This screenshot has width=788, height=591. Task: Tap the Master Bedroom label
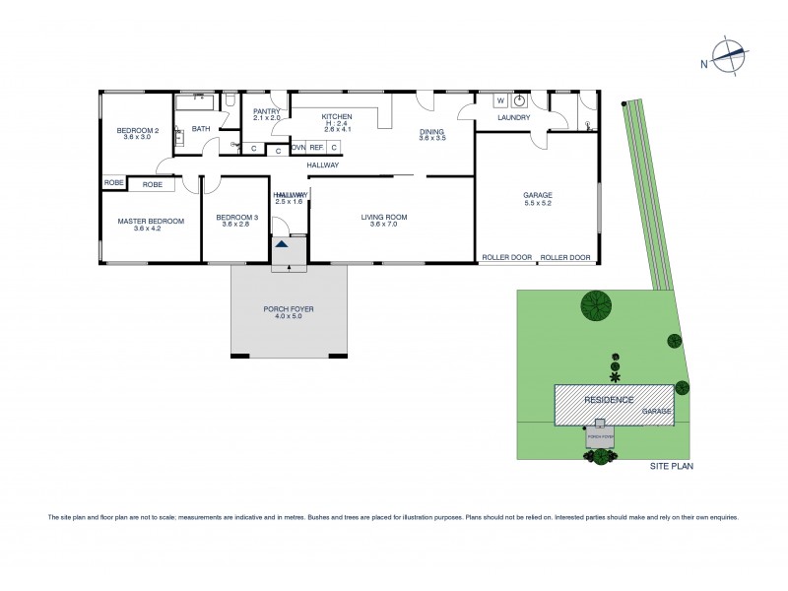point(151,222)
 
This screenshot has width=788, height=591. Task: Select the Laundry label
point(513,118)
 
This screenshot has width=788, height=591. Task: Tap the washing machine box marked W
point(499,100)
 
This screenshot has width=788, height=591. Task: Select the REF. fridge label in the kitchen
point(316,148)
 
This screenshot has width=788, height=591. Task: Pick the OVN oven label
point(297,148)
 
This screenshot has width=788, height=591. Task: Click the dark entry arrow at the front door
point(283,243)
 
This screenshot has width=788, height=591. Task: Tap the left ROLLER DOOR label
point(506,258)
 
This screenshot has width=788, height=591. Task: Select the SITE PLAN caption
point(671,466)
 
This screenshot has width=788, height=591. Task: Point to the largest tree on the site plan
point(594,306)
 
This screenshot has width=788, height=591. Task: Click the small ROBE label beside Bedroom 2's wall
point(112,184)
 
